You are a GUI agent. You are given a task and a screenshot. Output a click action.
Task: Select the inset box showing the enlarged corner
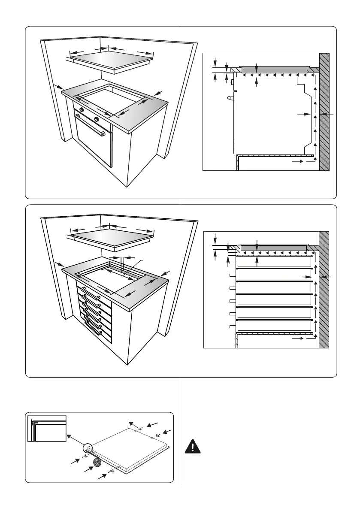(47, 428)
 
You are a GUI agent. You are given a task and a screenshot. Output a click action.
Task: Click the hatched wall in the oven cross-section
(324, 112)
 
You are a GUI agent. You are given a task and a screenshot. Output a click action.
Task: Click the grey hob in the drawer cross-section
(273, 248)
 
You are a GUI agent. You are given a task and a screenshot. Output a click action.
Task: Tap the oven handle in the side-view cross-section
(232, 99)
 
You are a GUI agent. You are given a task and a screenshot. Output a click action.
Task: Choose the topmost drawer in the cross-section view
(274, 262)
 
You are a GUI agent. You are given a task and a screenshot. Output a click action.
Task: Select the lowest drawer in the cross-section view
(274, 326)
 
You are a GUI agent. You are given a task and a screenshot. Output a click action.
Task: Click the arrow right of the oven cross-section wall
(328, 114)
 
